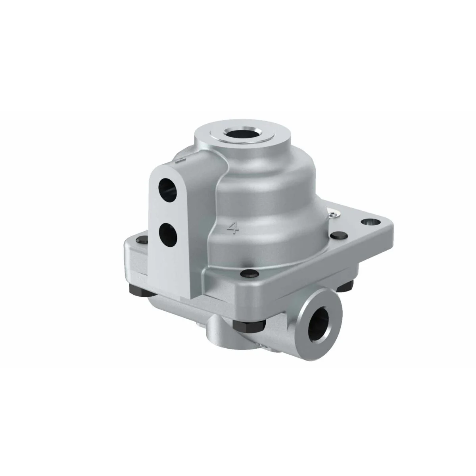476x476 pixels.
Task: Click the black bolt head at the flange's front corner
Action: point(249,273)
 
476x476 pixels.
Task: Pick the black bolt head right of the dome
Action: point(338,235)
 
